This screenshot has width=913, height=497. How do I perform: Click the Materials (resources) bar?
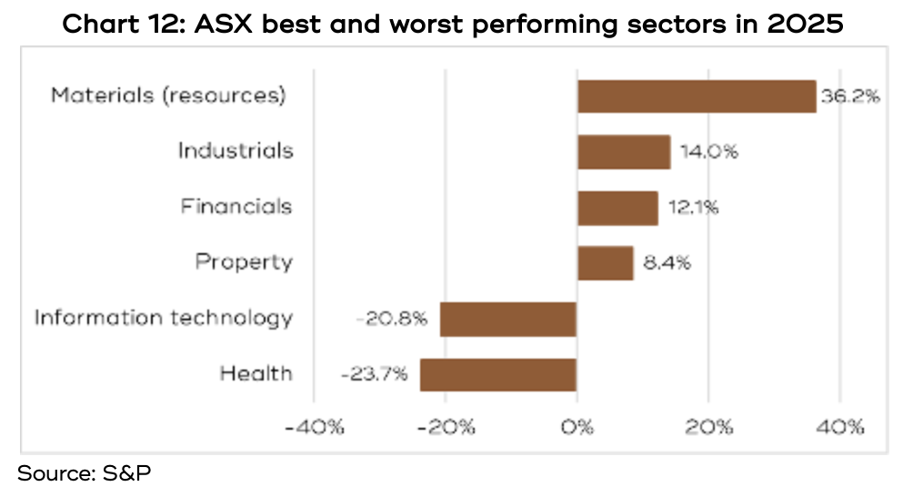click(697, 96)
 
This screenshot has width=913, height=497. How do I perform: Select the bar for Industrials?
click(624, 152)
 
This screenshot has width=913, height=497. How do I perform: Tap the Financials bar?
click(617, 208)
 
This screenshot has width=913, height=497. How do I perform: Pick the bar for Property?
click(605, 263)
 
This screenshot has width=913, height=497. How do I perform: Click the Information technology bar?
click(508, 319)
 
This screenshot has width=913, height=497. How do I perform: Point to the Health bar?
click(497, 374)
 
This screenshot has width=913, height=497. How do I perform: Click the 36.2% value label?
click(850, 96)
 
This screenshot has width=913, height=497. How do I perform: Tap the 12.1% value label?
click(692, 208)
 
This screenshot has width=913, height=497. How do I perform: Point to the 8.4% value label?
click(667, 263)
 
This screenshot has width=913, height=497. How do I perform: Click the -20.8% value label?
click(392, 319)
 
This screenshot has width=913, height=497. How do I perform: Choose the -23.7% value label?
click(374, 374)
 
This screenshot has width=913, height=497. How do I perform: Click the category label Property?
click(244, 263)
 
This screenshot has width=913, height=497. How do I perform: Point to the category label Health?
click(256, 374)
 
